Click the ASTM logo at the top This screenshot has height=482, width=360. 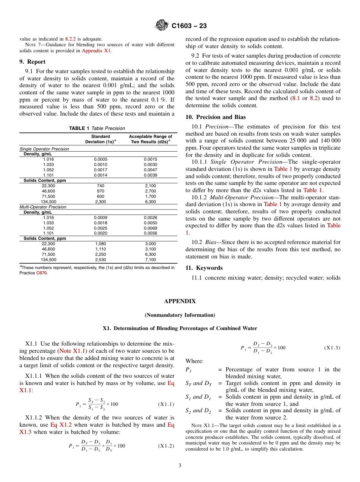pos(162,26)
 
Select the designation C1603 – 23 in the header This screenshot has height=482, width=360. pos(189,26)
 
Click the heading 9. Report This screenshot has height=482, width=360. pos(32,62)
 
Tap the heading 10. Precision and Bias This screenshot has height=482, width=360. pos(215,117)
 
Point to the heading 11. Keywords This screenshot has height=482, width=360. pos(204,268)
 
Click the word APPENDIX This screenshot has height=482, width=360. pos(180,301)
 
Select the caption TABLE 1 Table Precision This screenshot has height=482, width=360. pos(97,128)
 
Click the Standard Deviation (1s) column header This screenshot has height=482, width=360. pos(100,139)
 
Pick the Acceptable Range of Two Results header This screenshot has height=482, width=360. pos(150,139)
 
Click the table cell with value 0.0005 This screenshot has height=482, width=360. pos(100,160)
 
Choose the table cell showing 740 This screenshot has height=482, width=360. pos(100,186)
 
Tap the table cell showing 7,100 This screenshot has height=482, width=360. pos(150,260)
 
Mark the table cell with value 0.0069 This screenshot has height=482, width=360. pos(150,228)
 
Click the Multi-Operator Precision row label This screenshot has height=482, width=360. pos(43,207)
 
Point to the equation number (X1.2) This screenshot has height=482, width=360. pos(166,446)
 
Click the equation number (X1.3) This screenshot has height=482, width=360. pos(332,348)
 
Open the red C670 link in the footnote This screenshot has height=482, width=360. pos(42,273)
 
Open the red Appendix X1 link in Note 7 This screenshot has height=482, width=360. pos(97,50)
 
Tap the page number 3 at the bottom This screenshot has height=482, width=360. pos(180,466)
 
